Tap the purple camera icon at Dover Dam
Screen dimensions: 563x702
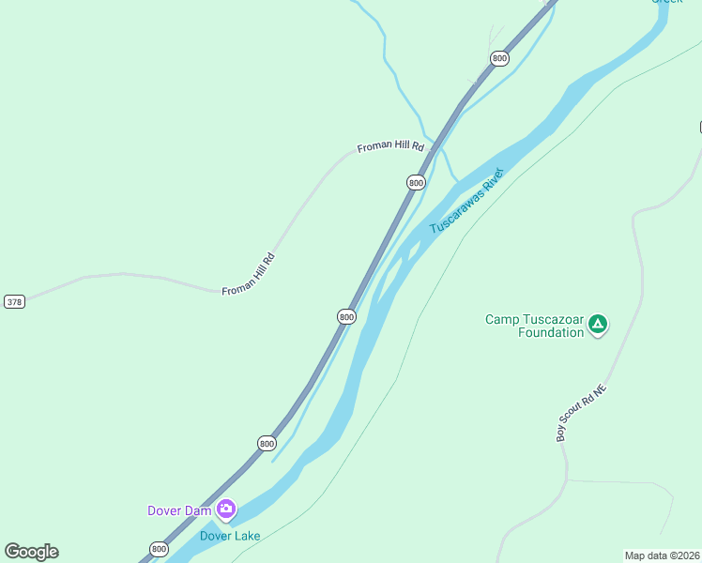(x=225, y=510)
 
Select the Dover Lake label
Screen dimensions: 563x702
(x=229, y=536)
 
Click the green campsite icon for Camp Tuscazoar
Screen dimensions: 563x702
(x=599, y=326)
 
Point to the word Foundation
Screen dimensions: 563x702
(x=551, y=333)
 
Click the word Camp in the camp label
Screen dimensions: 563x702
(x=501, y=320)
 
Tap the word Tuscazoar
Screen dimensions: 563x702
(x=555, y=320)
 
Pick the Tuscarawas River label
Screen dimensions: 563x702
(x=466, y=202)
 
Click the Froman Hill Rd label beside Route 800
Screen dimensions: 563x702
(x=390, y=148)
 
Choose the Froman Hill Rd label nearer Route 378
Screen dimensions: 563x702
(x=249, y=275)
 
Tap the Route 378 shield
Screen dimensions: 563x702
(x=14, y=301)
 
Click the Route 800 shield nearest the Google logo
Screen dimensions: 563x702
(x=159, y=549)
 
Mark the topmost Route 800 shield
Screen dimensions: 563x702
(x=499, y=58)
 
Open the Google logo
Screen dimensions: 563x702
(x=32, y=552)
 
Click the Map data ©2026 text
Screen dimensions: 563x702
(x=663, y=555)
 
